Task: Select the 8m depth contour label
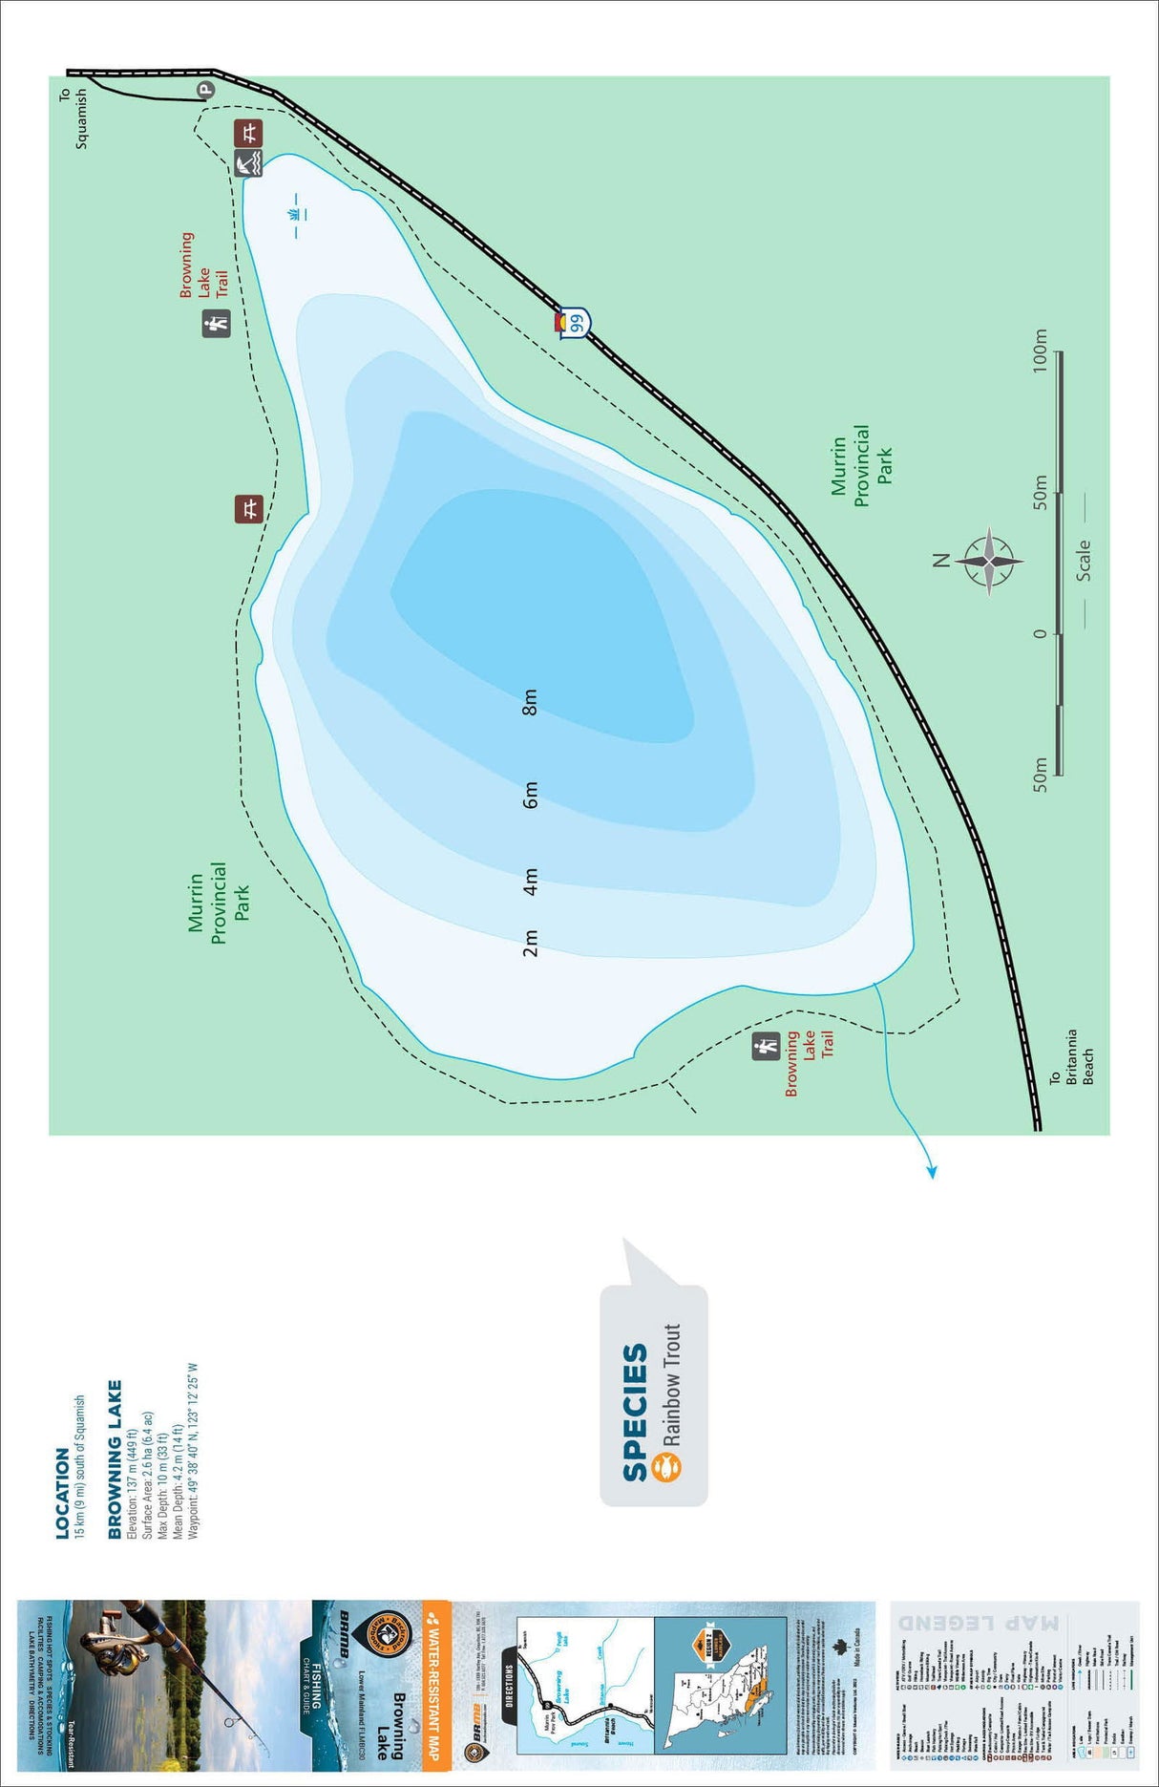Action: pyautogui.click(x=531, y=702)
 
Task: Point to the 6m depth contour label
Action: pyautogui.click(x=531, y=795)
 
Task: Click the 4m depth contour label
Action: pyautogui.click(x=531, y=882)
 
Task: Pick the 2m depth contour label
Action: pyautogui.click(x=531, y=943)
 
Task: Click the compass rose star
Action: pyautogui.click(x=990, y=561)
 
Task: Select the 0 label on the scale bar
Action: pyautogui.click(x=1041, y=633)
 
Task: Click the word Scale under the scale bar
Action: pyautogui.click(x=1084, y=561)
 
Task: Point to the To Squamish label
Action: pyautogui.click(x=74, y=118)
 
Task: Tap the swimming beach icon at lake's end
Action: pyautogui.click(x=248, y=163)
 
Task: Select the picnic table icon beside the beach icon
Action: pyautogui.click(x=248, y=133)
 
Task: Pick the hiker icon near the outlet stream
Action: pyautogui.click(x=766, y=1047)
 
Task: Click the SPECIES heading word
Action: pyautogui.click(x=636, y=1414)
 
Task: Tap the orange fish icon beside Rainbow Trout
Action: pyautogui.click(x=667, y=1467)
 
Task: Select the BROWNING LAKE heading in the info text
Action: pyautogui.click(x=116, y=1459)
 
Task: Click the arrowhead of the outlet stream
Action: pyautogui.click(x=932, y=1172)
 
